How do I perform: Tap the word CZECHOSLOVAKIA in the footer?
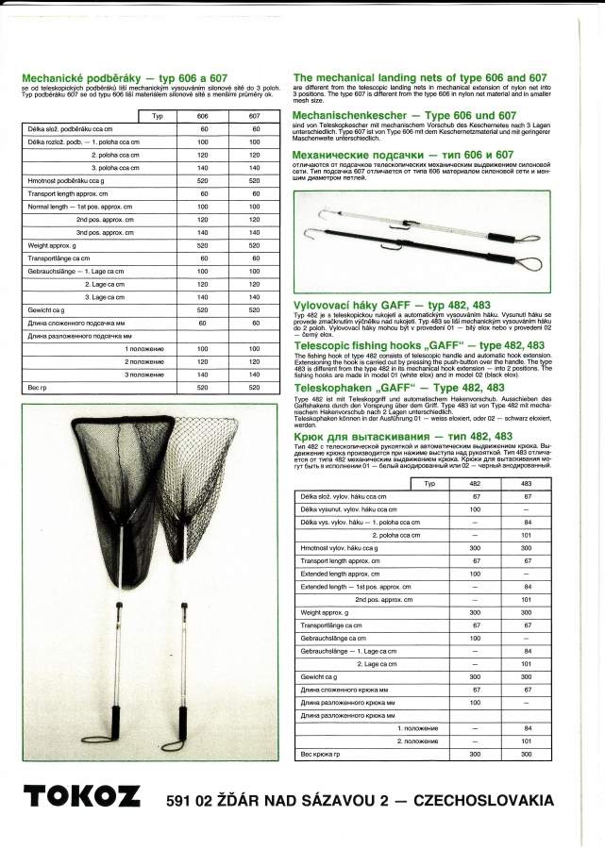tap(490, 800)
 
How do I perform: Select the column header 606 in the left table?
tap(202, 116)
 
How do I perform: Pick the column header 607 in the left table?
tap(254, 116)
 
